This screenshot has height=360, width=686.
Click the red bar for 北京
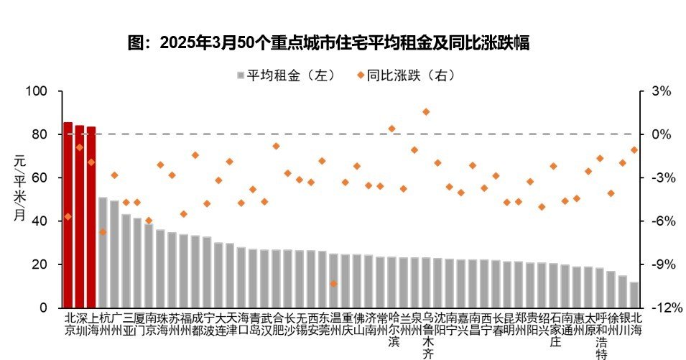coord(68,216)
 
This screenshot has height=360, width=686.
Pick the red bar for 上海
coord(91,218)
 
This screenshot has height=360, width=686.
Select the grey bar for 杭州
coord(103,251)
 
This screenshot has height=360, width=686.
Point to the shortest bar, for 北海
coord(634,295)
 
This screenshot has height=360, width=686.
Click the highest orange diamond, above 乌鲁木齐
coord(426,111)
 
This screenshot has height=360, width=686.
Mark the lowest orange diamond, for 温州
coord(333,283)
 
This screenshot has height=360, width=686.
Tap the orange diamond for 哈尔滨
coord(391,129)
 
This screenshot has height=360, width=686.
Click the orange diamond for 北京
coord(68,216)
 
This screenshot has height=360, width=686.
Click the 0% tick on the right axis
coord(661,134)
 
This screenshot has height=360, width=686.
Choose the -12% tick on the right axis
coord(658,308)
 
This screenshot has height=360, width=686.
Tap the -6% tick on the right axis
coord(659,221)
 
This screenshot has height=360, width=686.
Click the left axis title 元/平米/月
coord(19,190)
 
